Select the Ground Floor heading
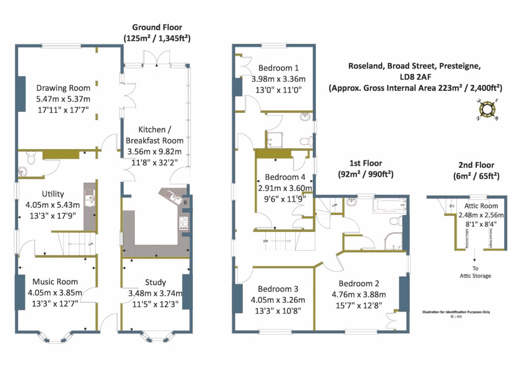tap(157, 27)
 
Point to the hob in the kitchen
tap(183, 223)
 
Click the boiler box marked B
tap(185, 202)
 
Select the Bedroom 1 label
tap(278, 68)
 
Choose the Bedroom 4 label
tap(285, 177)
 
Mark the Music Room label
tap(55, 282)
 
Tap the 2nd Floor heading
tap(473, 165)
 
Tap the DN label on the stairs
tap(265, 240)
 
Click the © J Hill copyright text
tap(459, 318)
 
